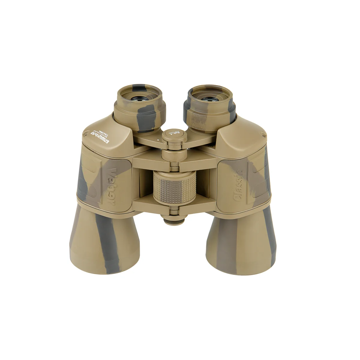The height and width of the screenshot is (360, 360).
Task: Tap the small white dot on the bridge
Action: tap(156, 140)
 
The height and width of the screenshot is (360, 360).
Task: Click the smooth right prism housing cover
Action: tap(240, 135)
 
